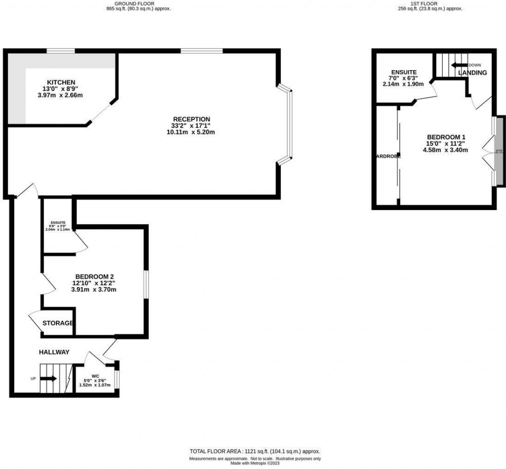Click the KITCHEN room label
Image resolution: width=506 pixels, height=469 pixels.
click(x=61, y=82)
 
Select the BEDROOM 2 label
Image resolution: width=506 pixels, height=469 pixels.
click(x=95, y=276)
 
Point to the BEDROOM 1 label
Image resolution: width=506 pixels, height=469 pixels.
click(x=446, y=137)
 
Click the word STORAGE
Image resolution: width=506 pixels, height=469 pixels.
click(x=58, y=323)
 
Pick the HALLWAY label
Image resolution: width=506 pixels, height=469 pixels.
click(x=54, y=352)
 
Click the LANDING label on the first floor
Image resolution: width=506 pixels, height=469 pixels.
click(x=472, y=73)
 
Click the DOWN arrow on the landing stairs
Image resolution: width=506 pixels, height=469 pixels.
click(x=459, y=65)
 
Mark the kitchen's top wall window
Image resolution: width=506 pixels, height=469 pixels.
click(x=61, y=50)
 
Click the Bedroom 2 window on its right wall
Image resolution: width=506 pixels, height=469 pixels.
click(x=146, y=284)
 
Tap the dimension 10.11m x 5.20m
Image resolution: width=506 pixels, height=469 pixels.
click(x=190, y=132)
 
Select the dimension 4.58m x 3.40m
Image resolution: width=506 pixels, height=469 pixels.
click(x=445, y=150)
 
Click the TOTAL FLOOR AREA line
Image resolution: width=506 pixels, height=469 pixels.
click(x=255, y=451)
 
